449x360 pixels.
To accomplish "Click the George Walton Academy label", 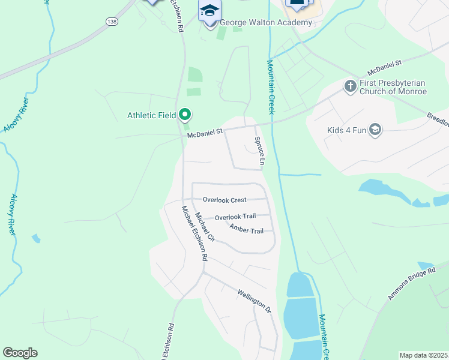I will [x=267, y=23].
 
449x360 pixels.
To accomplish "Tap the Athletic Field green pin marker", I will [x=185, y=114].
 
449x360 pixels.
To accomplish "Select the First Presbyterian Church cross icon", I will [x=350, y=86].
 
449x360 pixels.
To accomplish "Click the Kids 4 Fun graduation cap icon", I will [x=375, y=130].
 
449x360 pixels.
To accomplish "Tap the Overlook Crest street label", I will [x=224, y=200].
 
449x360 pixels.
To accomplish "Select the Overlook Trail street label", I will [x=235, y=217].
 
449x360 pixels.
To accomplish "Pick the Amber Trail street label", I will [x=246, y=230].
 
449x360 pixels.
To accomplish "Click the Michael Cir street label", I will [x=205, y=227].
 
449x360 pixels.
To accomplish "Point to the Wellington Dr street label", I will [x=255, y=301].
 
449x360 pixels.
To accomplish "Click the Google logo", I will [x=20, y=353].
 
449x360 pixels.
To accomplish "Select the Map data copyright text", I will [x=424, y=355].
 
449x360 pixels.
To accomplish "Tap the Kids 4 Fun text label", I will [x=346, y=130].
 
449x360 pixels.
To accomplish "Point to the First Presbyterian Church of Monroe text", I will [x=393, y=88].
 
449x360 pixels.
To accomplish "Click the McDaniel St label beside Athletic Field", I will [x=205, y=133].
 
